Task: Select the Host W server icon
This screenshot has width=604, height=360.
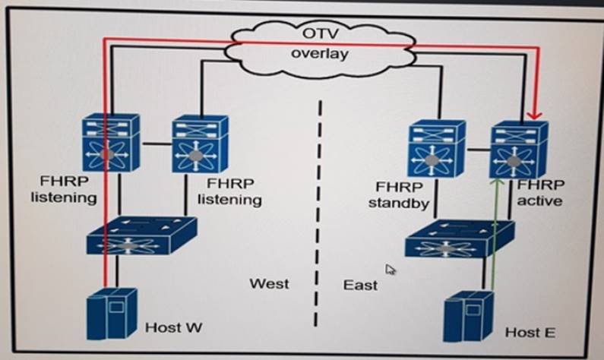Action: click(111, 312)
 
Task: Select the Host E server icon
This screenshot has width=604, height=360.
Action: click(465, 316)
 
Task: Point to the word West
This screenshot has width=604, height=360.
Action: click(269, 283)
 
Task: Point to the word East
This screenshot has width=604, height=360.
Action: click(359, 285)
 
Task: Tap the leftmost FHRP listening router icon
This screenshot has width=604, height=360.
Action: click(112, 144)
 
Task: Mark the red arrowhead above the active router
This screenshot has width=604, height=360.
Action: click(536, 114)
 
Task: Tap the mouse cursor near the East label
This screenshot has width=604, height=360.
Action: click(391, 269)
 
